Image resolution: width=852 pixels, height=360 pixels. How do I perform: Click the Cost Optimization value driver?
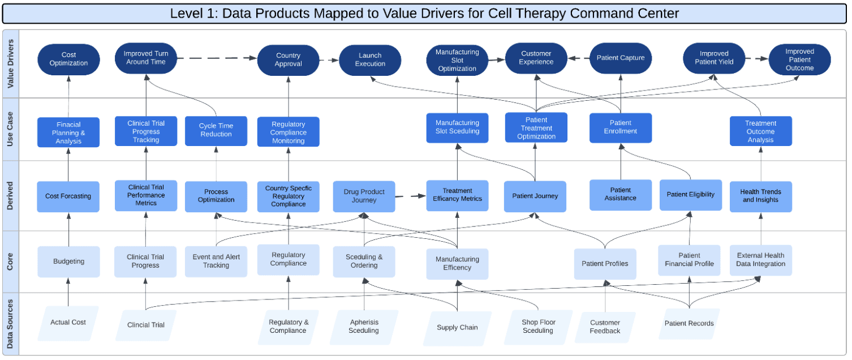coord(68,59)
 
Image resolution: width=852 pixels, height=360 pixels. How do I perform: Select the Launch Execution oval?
coord(370,60)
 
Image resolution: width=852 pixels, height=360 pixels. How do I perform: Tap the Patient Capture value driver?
coord(621,58)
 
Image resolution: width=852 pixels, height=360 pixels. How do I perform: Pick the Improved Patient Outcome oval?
coord(799,59)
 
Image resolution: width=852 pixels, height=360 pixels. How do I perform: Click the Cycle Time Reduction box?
coord(216,130)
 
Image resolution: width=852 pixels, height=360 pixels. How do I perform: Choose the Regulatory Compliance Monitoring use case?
coord(289,132)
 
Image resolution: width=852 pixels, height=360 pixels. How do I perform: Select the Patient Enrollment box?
coord(621,127)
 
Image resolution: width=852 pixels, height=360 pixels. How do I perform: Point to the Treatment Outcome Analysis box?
coord(760,131)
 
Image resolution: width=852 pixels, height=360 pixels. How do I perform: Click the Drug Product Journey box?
coord(364,196)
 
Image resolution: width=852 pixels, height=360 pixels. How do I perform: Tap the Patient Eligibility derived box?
coord(690,195)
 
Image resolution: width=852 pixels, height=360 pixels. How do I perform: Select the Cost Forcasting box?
coord(68,196)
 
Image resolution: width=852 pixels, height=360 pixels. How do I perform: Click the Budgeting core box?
coord(68,262)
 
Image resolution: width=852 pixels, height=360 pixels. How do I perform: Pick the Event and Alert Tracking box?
coord(216,261)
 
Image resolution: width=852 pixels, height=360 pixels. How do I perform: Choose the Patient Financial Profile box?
coord(689,260)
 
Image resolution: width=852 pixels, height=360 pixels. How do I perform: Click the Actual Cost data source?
coord(68,323)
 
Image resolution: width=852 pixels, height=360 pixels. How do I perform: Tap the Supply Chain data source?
coord(457,328)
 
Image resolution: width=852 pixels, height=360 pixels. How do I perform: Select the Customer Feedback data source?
coord(605,327)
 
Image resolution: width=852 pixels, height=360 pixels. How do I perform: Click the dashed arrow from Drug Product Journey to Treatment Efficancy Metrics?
coord(410,196)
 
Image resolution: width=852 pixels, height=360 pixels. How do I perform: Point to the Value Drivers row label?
coord(11,63)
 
